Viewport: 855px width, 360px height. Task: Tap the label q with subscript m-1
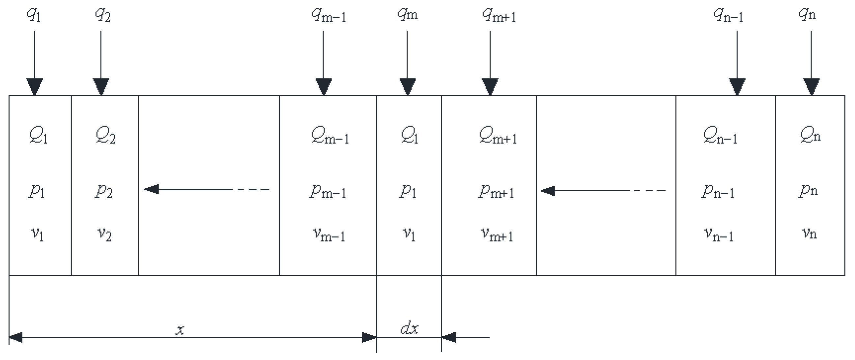tap(329, 15)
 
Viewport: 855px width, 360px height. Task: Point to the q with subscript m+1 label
tap(499, 15)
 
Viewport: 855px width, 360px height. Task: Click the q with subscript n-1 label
tap(728, 15)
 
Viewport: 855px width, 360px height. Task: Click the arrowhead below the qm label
tap(408, 87)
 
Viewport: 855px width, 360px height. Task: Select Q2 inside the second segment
tap(105, 135)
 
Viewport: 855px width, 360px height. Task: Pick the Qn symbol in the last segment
tap(810, 135)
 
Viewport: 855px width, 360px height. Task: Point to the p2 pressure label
tap(103, 191)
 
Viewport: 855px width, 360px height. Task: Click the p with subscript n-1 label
tap(718, 191)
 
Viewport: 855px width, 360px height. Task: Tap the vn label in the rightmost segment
tap(809, 233)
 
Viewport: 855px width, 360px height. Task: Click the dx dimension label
tap(409, 328)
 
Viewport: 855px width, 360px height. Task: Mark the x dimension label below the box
tap(179, 330)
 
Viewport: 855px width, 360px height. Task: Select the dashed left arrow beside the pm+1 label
tap(602, 191)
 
